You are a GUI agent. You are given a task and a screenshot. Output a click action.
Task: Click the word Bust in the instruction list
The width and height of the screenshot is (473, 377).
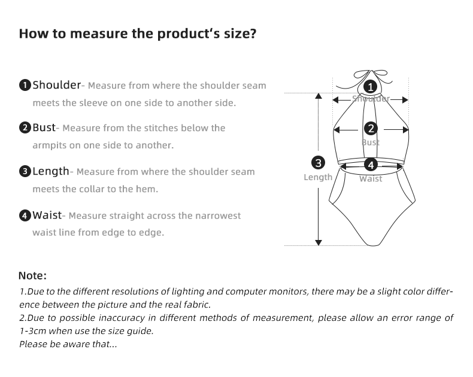(x=44, y=127)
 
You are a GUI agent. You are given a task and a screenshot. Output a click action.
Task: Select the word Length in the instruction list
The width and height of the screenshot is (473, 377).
(x=51, y=171)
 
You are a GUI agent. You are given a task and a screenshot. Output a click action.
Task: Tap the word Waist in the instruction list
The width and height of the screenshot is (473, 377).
(x=47, y=215)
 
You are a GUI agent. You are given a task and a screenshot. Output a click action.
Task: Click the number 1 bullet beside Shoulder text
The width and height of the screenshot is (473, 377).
(x=25, y=85)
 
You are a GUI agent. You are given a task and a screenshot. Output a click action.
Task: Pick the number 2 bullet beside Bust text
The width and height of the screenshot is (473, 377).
(x=25, y=128)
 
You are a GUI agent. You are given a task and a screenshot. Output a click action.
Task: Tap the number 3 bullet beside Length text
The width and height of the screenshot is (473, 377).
(x=25, y=172)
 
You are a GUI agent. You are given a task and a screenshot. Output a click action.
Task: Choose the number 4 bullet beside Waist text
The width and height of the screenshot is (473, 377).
(x=25, y=215)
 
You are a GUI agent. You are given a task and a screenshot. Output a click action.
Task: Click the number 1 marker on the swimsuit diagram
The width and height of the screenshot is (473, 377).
(x=371, y=87)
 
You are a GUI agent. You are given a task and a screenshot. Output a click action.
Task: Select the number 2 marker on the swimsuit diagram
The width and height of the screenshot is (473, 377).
(x=371, y=128)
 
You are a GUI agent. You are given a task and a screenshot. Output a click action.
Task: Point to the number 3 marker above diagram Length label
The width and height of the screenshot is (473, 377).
(x=318, y=162)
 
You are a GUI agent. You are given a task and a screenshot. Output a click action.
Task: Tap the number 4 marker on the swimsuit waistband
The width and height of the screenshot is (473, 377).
(x=371, y=165)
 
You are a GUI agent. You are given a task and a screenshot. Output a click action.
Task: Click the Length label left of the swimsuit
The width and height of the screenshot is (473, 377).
(x=318, y=177)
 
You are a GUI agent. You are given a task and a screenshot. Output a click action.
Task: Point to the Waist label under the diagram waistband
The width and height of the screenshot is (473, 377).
(x=371, y=178)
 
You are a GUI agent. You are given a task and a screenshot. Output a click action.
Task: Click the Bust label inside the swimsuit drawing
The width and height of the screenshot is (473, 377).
(x=371, y=142)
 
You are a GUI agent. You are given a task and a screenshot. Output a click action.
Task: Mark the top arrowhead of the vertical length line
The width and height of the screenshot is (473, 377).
(x=319, y=96)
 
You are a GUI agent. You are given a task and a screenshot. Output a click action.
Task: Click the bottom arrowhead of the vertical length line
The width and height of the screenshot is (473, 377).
(x=319, y=242)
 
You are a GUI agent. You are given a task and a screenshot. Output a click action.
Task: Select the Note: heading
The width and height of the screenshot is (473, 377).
(x=32, y=276)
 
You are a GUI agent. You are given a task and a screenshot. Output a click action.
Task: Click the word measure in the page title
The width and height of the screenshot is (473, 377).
(x=97, y=33)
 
